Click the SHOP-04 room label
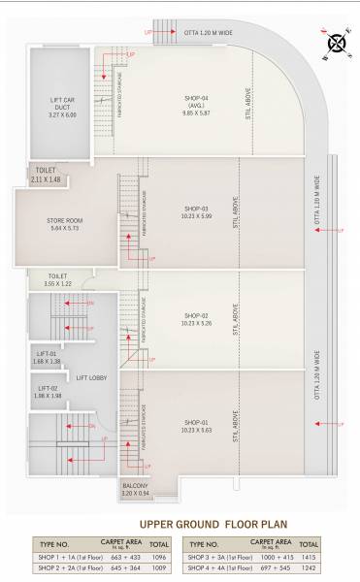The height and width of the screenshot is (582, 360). click(x=197, y=98)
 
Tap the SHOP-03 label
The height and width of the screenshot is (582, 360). click(x=197, y=208)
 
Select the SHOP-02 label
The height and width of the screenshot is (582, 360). click(x=197, y=315)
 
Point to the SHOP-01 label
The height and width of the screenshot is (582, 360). click(x=197, y=421)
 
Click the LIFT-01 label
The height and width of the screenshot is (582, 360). click(x=47, y=354)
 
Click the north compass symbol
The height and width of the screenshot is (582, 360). click(x=337, y=42)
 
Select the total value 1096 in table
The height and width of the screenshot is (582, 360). click(x=160, y=557)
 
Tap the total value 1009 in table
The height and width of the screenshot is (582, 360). click(x=160, y=569)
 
